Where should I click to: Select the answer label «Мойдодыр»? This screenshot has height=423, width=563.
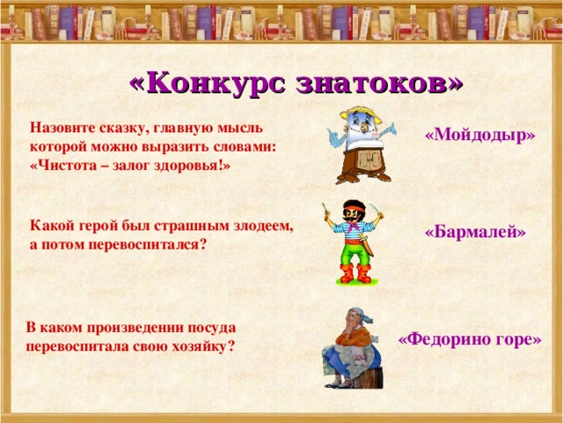click(x=479, y=135)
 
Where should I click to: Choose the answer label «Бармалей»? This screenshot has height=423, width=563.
click(x=475, y=232)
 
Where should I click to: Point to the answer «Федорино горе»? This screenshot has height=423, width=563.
click(x=470, y=338)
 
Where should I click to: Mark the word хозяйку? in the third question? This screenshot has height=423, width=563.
click(x=204, y=345)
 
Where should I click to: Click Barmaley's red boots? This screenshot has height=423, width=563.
click(x=354, y=274)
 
